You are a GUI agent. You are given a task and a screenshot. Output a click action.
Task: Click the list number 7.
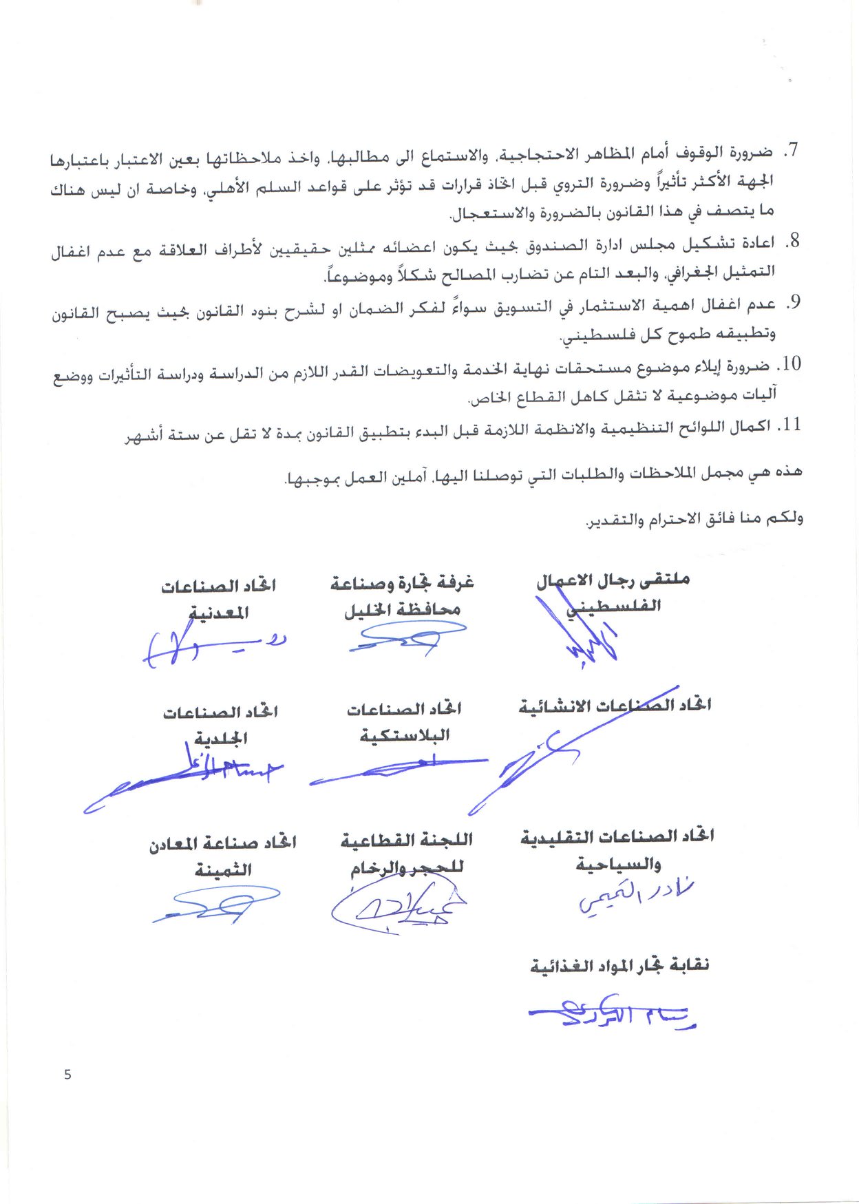pos(792,151)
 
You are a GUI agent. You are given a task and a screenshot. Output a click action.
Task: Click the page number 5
pos(67,1075)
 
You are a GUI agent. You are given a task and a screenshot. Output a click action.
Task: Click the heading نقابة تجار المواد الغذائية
pos(619,965)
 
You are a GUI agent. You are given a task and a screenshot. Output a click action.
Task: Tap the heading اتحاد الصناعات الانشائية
pos(615,706)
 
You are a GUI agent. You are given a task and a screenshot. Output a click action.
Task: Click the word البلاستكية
pos(405,736)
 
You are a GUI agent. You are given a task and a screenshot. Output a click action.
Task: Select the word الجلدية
pos(220,739)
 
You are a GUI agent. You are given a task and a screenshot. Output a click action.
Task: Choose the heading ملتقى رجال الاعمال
pos(613,580)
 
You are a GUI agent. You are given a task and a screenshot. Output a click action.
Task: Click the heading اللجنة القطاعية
pos(406,840)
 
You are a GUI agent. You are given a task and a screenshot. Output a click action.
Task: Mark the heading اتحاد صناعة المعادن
pos(222,843)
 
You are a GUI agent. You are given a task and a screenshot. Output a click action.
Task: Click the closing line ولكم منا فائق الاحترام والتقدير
pos(694,518)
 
